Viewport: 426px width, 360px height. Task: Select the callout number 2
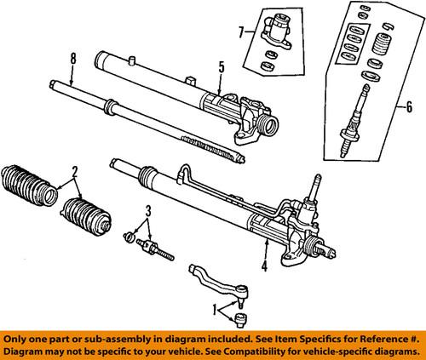pos(76,170)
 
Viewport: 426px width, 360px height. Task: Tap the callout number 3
pos(148,209)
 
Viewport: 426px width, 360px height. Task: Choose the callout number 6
pos(410,107)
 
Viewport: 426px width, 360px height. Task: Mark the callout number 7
pos(241,32)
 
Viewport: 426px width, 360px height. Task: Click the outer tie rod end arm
pos(218,278)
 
